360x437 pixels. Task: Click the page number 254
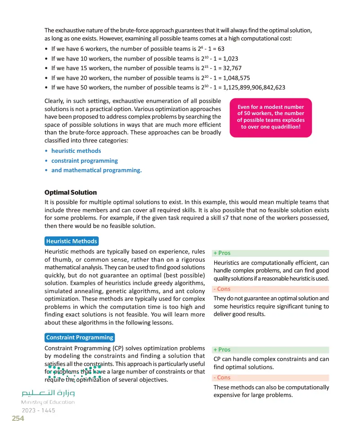pyautogui.click(x=18, y=419)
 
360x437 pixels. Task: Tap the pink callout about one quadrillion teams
pyautogui.click(x=270, y=117)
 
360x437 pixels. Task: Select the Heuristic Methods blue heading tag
pyautogui.click(x=72, y=241)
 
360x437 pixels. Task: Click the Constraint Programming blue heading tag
pyautogui.click(x=80, y=338)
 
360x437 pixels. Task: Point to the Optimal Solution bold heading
pyautogui.click(x=71, y=192)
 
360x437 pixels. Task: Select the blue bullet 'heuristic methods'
pyautogui.click(x=76, y=151)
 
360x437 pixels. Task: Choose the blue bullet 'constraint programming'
pyautogui.click(x=84, y=161)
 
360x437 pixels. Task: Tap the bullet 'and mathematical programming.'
pyautogui.click(x=96, y=170)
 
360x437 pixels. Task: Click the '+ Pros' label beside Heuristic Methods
pyautogui.click(x=222, y=253)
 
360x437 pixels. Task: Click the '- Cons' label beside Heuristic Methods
pyautogui.click(x=222, y=289)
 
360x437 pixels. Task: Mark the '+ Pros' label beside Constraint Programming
pyautogui.click(x=222, y=350)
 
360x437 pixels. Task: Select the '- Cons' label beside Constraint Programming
pyautogui.click(x=222, y=378)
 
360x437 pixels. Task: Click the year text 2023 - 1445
pyautogui.click(x=38, y=410)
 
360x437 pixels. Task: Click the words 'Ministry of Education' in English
pyautogui.click(x=48, y=402)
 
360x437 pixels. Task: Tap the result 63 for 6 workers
pyautogui.click(x=220, y=49)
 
